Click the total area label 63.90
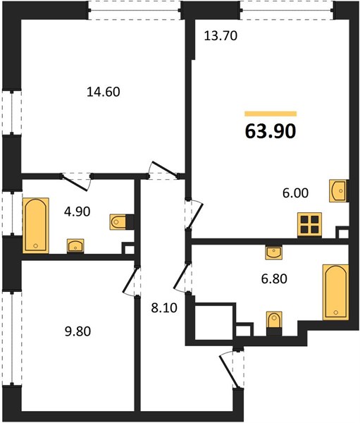click(271, 132)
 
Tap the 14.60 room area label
click(104, 92)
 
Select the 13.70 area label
click(221, 36)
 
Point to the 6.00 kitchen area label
click(296, 193)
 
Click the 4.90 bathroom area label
click(77, 211)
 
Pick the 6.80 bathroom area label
click(274, 278)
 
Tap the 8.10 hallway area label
click(164, 308)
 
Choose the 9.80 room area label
click(77, 331)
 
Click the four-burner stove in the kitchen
click(309, 226)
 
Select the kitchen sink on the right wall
click(337, 191)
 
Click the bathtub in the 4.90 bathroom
click(36, 226)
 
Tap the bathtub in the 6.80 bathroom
click(336, 293)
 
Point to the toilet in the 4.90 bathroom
click(118, 222)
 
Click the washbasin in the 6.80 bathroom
click(274, 253)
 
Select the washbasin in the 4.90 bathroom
click(75, 245)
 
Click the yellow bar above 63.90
click(271, 114)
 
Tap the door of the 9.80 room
click(129, 281)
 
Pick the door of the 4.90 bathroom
click(75, 183)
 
